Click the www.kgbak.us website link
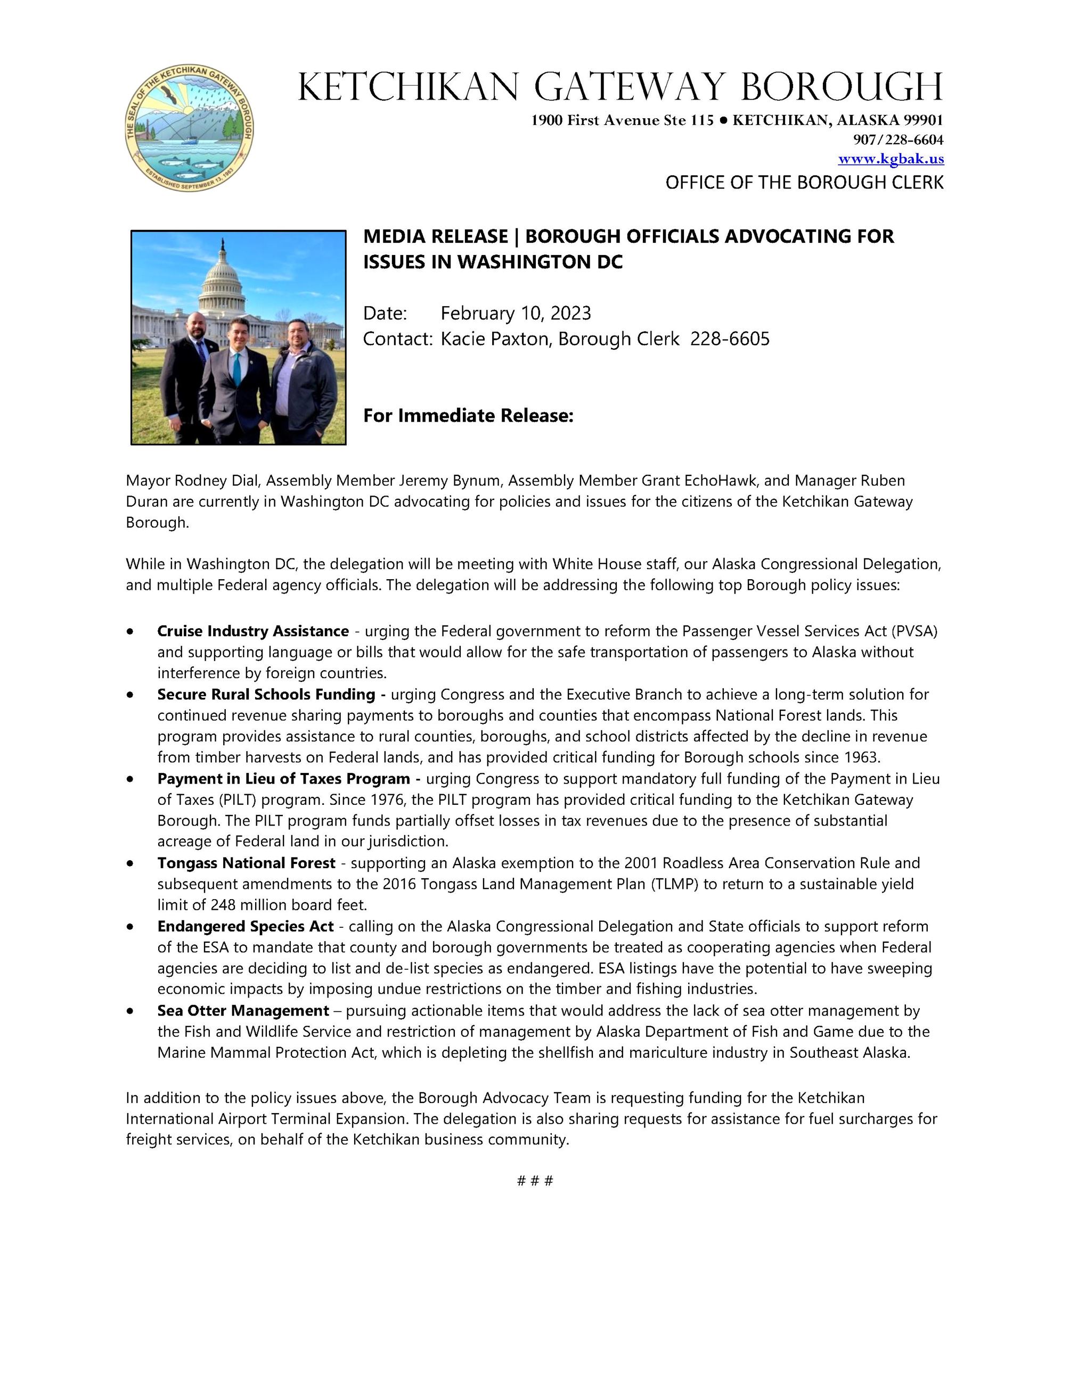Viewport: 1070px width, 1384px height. coord(891,159)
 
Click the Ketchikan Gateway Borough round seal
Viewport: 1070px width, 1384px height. coord(189,129)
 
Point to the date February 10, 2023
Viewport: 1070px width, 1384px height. coord(516,313)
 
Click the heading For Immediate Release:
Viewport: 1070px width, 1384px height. coord(468,416)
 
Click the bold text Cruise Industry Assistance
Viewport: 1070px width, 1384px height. coord(253,631)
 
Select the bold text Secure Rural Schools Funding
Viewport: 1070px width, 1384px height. coord(266,695)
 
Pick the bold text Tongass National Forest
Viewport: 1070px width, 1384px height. coord(246,863)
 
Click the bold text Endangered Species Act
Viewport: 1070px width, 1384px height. coord(246,926)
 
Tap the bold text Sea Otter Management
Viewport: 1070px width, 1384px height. coord(243,1011)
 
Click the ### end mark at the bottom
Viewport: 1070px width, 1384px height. coord(535,1181)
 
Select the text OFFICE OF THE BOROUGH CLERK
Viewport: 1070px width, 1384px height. coord(804,183)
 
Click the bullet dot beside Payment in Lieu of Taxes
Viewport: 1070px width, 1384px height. coord(130,779)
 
